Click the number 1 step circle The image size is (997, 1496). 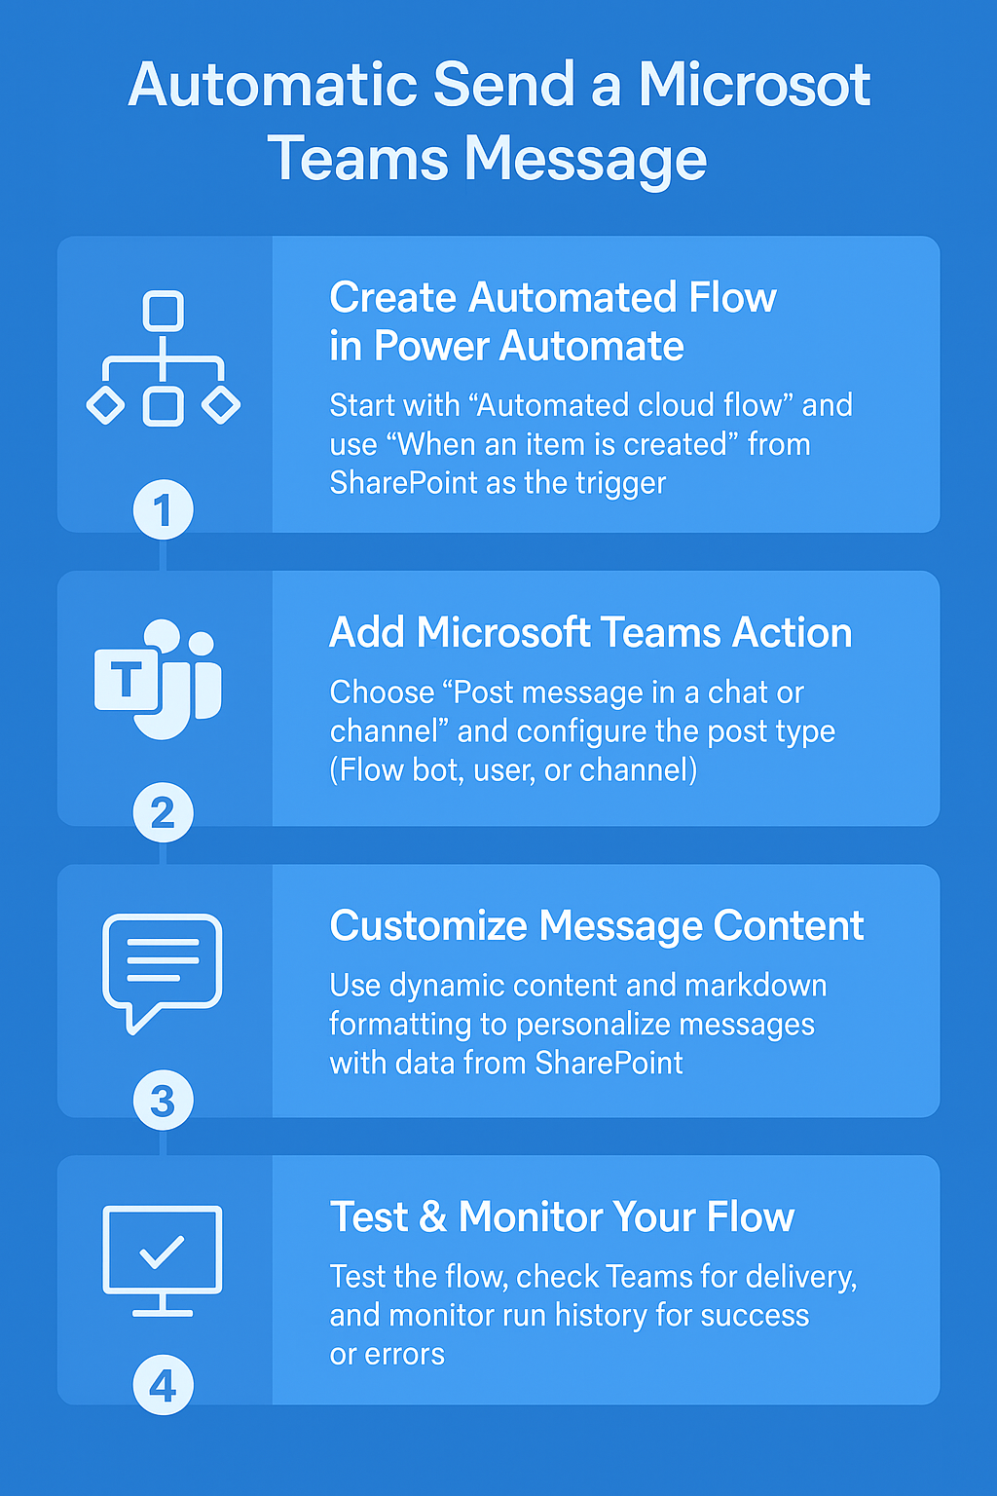[163, 509]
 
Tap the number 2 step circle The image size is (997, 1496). [163, 813]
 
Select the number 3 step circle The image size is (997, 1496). [163, 1102]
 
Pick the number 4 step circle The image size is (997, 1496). [163, 1386]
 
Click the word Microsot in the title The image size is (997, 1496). [754, 85]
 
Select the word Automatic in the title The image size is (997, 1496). [273, 85]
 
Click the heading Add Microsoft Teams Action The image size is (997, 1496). [590, 633]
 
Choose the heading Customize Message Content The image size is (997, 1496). [596, 926]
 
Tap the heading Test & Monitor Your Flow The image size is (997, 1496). [562, 1217]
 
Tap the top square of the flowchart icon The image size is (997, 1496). [163, 312]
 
